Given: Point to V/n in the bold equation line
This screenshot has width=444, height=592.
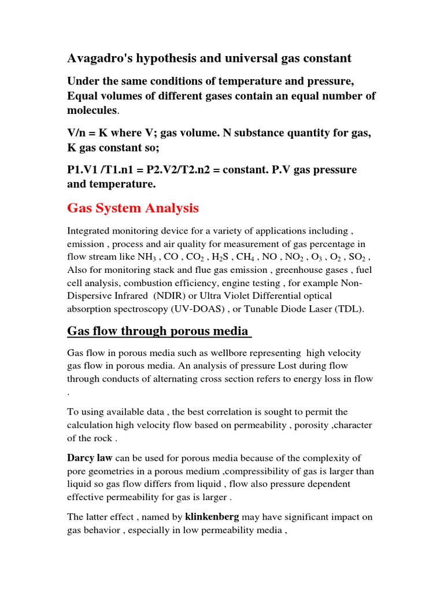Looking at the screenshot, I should pyautogui.click(x=79, y=133).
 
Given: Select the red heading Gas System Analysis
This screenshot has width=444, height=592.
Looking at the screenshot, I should pyautogui.click(x=133, y=208).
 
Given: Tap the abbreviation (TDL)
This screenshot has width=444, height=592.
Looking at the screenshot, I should pyautogui.click(x=350, y=309).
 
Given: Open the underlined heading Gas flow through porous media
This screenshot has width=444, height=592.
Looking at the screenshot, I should pyautogui.click(x=158, y=331).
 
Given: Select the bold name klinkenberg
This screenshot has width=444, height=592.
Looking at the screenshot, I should pyautogui.click(x=212, y=517).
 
